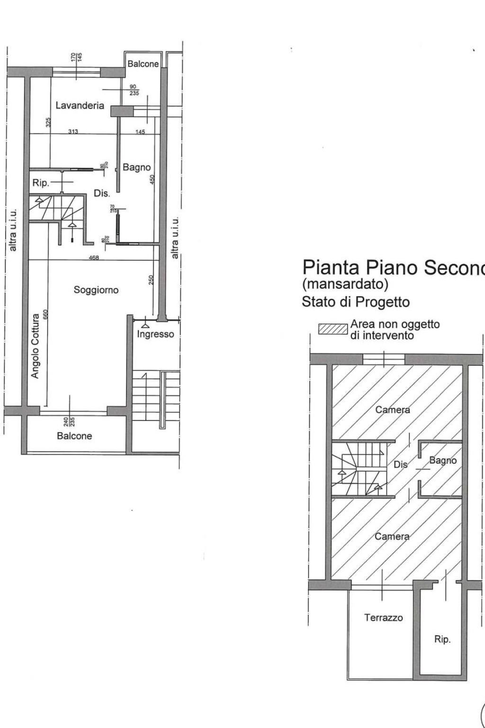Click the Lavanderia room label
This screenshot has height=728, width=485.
click(x=80, y=106)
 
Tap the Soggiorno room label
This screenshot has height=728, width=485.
click(x=96, y=290)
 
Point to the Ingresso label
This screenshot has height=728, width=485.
click(x=155, y=334)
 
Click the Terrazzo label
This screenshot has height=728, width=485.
click(x=383, y=618)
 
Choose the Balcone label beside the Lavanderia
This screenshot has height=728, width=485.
click(x=143, y=64)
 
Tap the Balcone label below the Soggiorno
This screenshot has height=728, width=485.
click(x=74, y=436)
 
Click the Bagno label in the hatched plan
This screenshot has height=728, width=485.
click(x=443, y=460)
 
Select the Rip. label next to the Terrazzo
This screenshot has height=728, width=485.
click(x=442, y=639)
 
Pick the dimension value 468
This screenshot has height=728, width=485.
click(x=93, y=258)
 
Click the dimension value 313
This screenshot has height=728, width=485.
click(x=72, y=132)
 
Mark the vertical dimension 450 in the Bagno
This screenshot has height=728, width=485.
click(x=153, y=180)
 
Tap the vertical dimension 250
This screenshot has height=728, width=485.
click(x=151, y=280)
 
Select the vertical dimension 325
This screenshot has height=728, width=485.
click(x=48, y=122)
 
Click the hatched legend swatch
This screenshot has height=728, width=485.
click(x=333, y=329)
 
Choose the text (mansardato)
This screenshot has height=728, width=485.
click(x=345, y=284)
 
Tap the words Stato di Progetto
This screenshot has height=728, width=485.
click(x=355, y=302)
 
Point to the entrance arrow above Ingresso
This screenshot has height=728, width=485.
click(x=145, y=325)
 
